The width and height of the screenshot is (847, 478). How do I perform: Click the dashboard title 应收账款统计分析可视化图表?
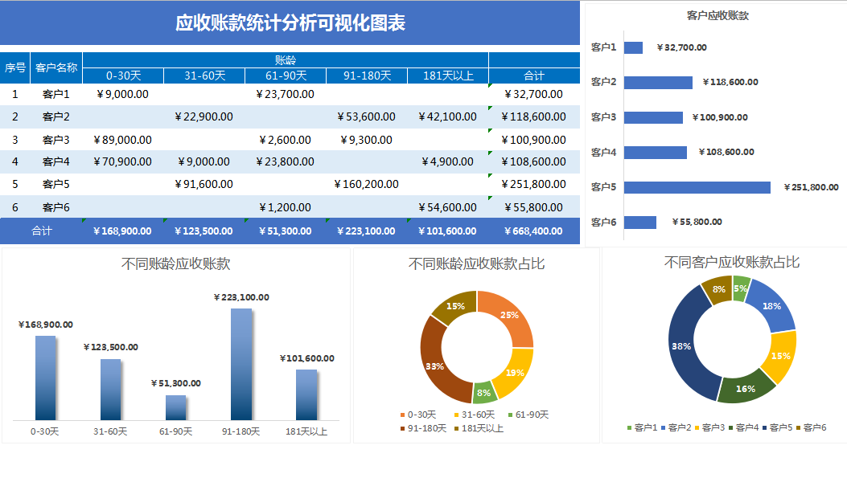(290, 22)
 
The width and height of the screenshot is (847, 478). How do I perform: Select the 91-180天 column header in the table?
(367, 76)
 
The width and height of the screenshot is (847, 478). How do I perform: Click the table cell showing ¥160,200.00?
(367, 184)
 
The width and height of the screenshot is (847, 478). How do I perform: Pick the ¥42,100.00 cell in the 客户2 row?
(447, 116)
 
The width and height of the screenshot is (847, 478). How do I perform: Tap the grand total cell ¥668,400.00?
(534, 231)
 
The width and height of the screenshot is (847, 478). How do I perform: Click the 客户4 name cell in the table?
(56, 161)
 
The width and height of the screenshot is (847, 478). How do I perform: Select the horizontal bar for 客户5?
(697, 187)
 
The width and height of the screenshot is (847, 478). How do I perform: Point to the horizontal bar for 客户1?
(633, 47)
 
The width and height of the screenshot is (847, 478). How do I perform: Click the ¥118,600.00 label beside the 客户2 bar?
(730, 82)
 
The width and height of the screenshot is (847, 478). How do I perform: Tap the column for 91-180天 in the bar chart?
(241, 363)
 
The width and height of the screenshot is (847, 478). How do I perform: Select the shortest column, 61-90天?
(175, 407)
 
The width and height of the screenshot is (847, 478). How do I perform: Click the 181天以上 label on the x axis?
(306, 431)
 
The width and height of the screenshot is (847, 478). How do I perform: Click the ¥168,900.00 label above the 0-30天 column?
(46, 325)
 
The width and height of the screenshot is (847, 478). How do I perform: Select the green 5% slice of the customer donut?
(741, 286)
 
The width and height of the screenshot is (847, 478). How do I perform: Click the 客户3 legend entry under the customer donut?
(709, 427)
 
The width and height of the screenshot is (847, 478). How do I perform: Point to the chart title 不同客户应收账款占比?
(731, 263)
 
